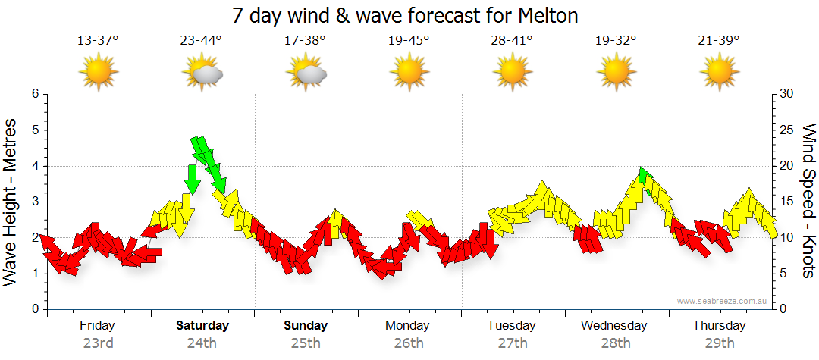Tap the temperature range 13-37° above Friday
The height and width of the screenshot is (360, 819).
point(98,41)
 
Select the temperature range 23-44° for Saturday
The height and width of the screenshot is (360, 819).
point(202,41)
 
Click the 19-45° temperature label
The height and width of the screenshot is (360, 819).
point(409,41)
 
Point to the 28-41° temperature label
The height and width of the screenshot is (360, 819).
point(512,41)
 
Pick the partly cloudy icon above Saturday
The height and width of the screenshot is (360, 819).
point(202,73)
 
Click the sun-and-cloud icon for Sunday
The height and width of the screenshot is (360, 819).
point(306,73)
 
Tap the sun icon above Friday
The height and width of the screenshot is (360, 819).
point(98,73)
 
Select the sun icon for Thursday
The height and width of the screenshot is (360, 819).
point(719,73)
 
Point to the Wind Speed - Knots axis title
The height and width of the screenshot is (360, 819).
point(808,201)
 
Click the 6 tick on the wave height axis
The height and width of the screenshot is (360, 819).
point(34,94)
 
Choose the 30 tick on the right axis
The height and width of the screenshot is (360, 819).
point(787,94)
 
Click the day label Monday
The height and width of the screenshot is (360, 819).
point(408,326)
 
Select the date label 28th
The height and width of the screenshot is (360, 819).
point(616,343)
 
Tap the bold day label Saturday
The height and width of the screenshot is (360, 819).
point(202,326)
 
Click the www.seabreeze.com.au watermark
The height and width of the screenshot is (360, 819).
point(723,302)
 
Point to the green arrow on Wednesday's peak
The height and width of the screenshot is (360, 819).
point(645,175)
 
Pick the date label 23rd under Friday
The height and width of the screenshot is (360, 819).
point(98,343)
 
